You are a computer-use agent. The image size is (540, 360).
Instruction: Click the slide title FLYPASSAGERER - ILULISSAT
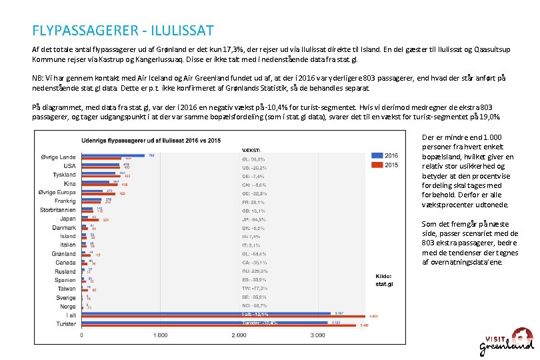[123, 31]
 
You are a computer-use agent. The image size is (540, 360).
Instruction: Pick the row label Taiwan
[66, 289]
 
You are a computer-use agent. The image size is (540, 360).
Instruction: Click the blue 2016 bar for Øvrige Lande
[114, 155]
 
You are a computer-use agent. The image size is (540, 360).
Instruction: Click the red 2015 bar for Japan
[91, 219]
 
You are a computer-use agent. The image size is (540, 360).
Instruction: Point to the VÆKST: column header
[251, 151]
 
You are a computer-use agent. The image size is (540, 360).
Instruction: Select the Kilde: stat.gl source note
[385, 280]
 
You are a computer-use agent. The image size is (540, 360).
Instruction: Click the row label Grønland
[64, 253]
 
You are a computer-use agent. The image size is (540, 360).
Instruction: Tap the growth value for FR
[253, 201]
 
